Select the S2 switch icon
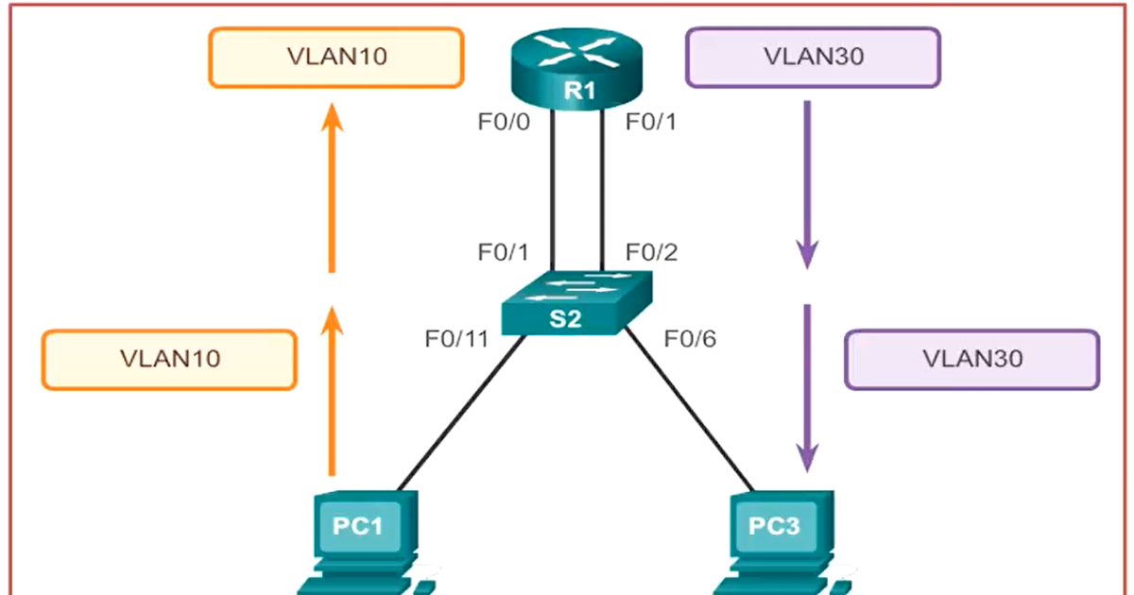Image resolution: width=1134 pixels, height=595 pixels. tap(577, 303)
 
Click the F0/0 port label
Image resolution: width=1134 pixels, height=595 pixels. tap(507, 122)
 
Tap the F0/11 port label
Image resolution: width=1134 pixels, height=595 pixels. tap(456, 338)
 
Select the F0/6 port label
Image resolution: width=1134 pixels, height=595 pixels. tap(690, 338)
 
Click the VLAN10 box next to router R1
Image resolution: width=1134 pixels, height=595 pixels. tap(335, 58)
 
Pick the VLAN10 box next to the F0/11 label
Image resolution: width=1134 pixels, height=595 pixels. tap(169, 359)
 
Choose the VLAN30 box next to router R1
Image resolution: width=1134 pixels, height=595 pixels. tap(813, 58)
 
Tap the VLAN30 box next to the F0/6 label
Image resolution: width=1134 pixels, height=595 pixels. tap(972, 359)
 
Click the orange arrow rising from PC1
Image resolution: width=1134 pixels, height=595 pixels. tap(331, 387)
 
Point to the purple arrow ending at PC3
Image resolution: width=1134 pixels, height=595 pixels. tap(807, 387)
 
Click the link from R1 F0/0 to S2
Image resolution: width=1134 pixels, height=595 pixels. tap(553, 189)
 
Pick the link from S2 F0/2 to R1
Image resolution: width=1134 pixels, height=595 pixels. tap(602, 189)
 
